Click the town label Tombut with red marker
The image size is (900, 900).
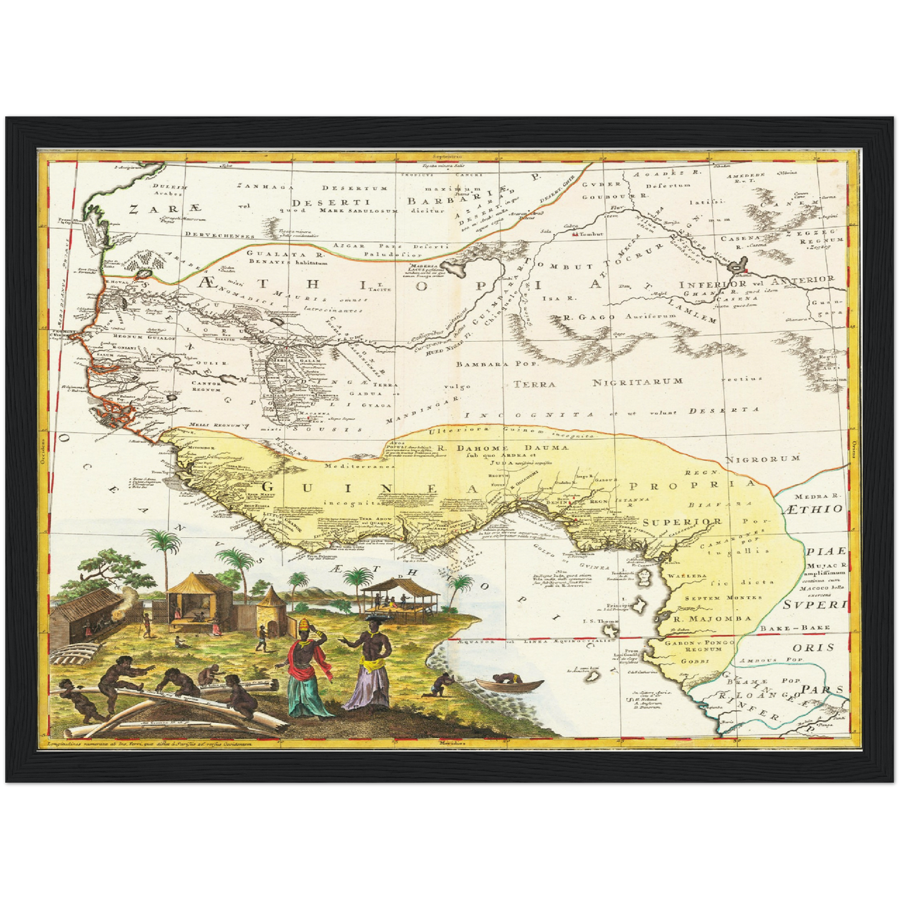pyautogui.click(x=583, y=236)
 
